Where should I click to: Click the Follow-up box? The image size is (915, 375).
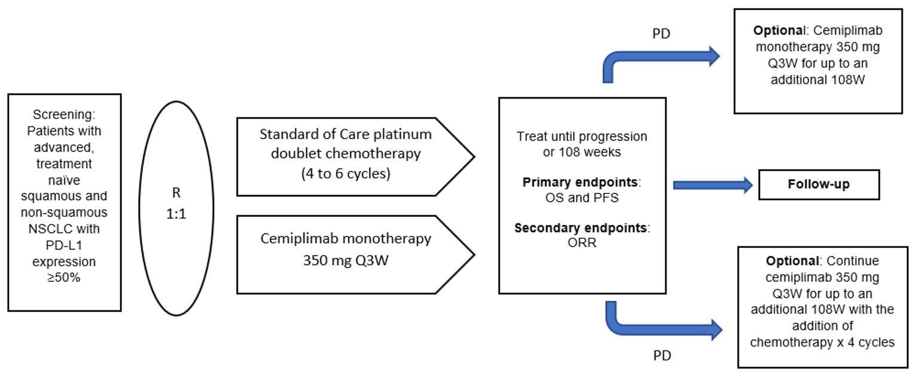pos(818,185)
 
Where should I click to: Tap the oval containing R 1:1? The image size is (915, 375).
pos(176,203)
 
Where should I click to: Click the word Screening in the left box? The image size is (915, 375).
pos(64,114)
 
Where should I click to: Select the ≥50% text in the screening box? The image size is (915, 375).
pos(64,278)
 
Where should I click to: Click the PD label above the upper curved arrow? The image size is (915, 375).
pos(661,34)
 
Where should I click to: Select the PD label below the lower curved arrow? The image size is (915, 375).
pos(661,356)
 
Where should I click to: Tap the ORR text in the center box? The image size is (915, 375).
pos(582,243)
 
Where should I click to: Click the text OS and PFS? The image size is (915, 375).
pos(582,198)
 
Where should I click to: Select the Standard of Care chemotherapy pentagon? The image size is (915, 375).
pos(347,156)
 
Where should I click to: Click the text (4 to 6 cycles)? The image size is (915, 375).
pos(346,174)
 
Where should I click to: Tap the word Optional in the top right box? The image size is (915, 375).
pos(777,30)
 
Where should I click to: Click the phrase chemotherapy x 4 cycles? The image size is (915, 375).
pos(822,342)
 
